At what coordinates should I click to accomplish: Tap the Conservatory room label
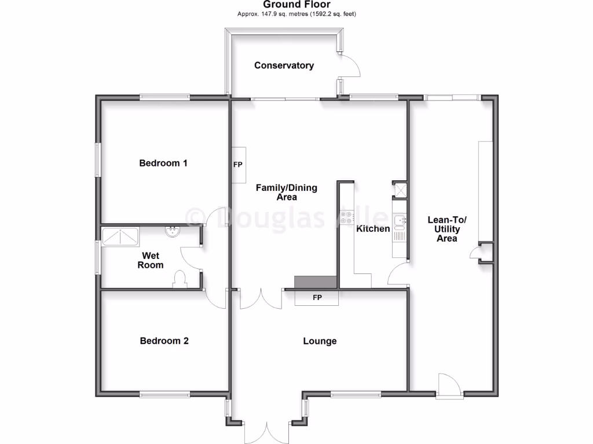pos(284,65)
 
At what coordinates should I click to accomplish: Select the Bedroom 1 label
pos(163,163)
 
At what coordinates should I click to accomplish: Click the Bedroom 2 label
pos(164,341)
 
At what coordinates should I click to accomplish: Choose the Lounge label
pos(320,341)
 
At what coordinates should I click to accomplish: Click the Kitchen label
pos(373,229)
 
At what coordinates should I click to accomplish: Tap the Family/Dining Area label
pos(287,193)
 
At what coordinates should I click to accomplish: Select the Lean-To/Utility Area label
pos(446,229)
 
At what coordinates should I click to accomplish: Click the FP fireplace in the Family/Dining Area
pos(238,165)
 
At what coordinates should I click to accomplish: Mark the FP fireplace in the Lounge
pos(317,298)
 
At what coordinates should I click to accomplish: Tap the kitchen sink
pos(399,220)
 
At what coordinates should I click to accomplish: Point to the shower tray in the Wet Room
pos(120,236)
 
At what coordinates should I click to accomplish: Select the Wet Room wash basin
pos(172,232)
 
